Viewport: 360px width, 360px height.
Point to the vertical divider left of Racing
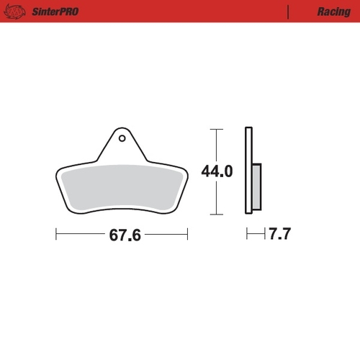tap(288, 12)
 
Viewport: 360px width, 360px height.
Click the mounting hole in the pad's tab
tap(122, 138)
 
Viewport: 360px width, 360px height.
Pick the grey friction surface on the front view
tap(122, 186)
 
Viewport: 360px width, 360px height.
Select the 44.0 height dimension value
tap(217, 172)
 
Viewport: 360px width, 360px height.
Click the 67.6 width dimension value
tap(122, 235)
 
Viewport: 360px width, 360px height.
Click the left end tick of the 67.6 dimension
tap(56, 235)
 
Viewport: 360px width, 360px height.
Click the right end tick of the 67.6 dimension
tap(187, 235)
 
